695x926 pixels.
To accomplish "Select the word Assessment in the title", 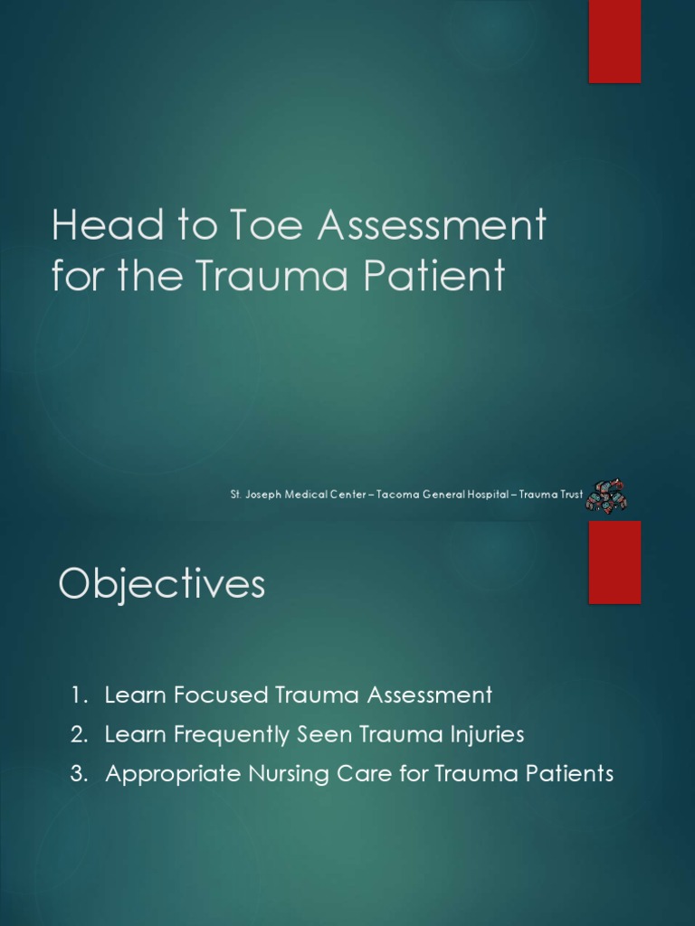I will pyautogui.click(x=432, y=226).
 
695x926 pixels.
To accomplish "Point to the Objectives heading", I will pyautogui.click(x=162, y=584).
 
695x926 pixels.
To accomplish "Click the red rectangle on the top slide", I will pyautogui.click(x=614, y=42).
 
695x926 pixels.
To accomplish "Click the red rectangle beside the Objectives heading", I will pyautogui.click(x=614, y=562).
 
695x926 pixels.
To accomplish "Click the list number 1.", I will pyautogui.click(x=79, y=695).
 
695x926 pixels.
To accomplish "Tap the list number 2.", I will pyautogui.click(x=79, y=735).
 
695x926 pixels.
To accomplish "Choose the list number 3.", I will pyautogui.click(x=79, y=775).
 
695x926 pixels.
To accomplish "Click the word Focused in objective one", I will pyautogui.click(x=197, y=695).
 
